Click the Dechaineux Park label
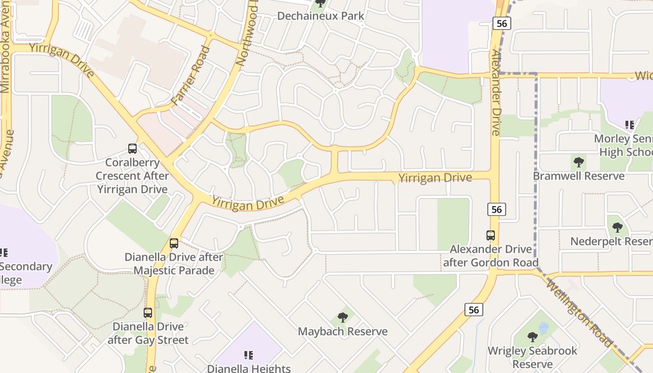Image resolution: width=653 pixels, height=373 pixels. [320, 16]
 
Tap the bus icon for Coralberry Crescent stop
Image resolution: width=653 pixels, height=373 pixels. [132, 149]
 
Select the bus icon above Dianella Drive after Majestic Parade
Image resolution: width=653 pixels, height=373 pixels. [174, 243]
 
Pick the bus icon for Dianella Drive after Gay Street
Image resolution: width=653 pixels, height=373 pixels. [148, 313]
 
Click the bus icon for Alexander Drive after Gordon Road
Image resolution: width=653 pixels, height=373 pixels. [491, 235]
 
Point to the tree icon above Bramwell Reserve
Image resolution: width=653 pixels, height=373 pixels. [579, 163]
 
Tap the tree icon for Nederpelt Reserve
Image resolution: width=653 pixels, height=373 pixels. [618, 228]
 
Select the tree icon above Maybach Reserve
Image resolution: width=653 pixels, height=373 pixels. [343, 318]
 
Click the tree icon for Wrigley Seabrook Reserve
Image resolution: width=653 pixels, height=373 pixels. [532, 337]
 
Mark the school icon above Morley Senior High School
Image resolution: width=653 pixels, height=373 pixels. [630, 125]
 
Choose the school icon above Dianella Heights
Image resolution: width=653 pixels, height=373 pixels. [249, 355]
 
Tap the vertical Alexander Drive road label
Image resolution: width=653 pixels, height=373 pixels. [494, 93]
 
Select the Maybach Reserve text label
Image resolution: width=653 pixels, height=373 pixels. [343, 332]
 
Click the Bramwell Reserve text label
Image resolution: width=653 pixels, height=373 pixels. [578, 176]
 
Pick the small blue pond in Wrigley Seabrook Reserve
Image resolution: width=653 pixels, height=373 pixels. [543, 328]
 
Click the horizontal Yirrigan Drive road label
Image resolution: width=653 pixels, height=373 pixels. [435, 178]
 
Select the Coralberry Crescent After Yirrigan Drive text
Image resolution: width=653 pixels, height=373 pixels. [132, 176]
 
